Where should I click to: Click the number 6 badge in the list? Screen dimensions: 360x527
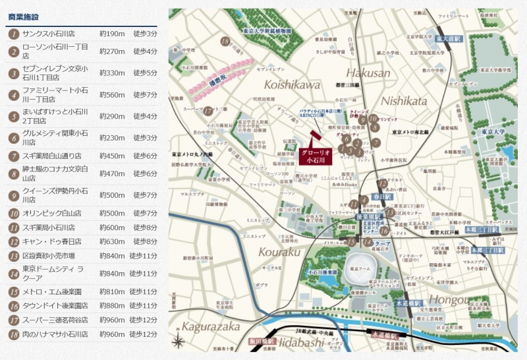[x=13, y=138]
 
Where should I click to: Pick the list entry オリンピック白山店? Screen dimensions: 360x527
[x=52, y=214]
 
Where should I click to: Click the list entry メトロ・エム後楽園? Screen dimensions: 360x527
[x=52, y=291]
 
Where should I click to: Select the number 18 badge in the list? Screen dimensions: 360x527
[x=13, y=334]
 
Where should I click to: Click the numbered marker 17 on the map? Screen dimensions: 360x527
[x=208, y=111]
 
